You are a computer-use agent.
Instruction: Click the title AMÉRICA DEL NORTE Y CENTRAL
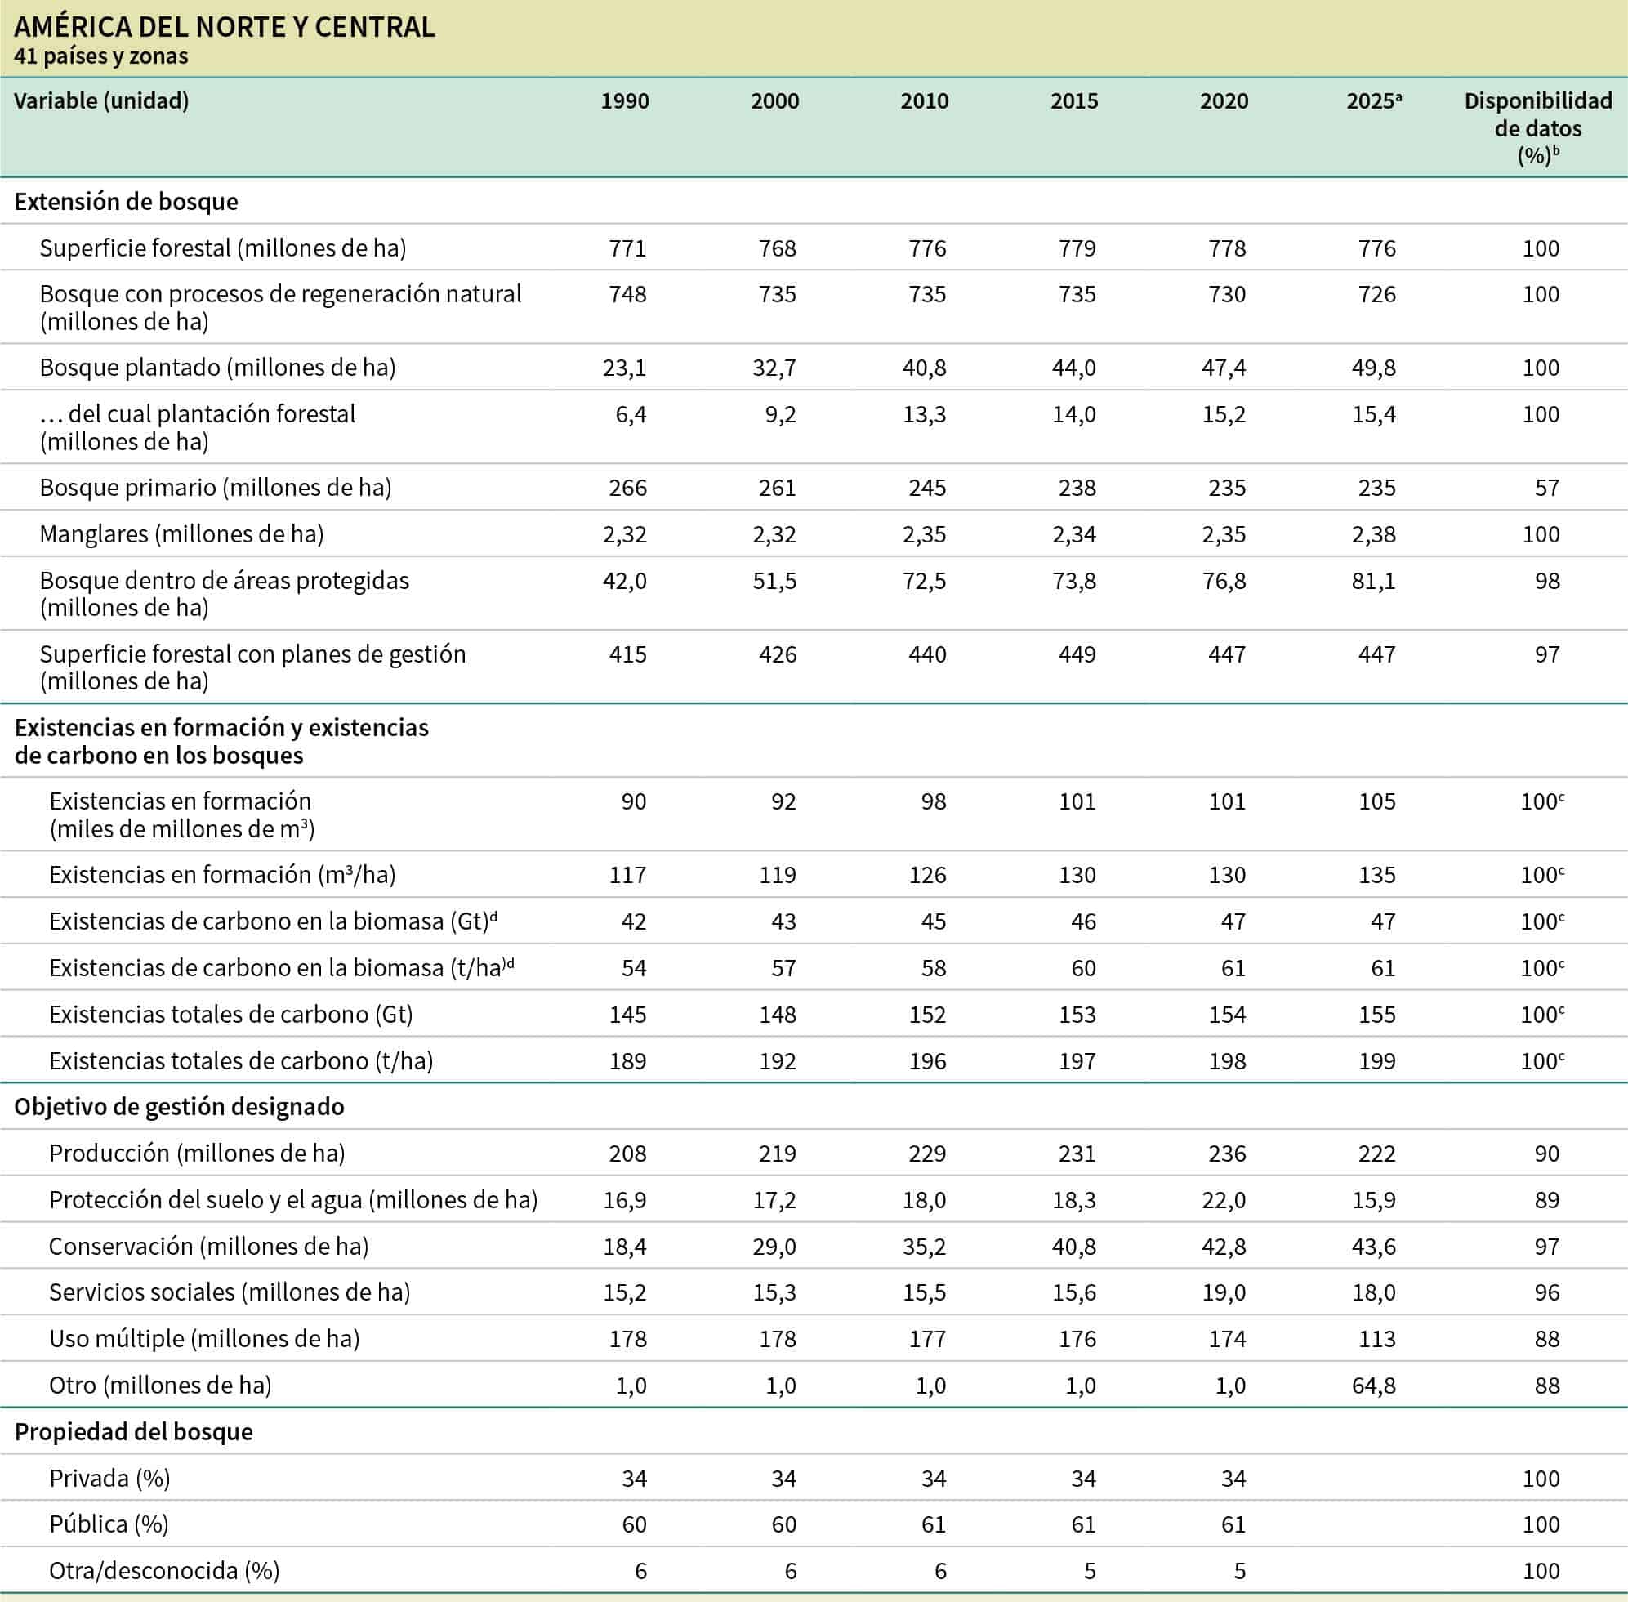(225, 27)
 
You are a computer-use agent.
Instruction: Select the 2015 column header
(1073, 101)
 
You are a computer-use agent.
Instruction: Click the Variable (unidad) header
(101, 101)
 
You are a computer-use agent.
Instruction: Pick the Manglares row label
(181, 534)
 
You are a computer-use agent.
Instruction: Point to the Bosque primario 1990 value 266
(627, 488)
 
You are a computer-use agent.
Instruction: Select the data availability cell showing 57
(1546, 488)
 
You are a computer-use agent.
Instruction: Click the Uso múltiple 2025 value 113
(1376, 1339)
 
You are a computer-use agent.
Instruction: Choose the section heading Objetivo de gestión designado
(179, 1106)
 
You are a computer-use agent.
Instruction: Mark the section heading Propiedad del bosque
(134, 1432)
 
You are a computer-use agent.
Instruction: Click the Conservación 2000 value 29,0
(774, 1246)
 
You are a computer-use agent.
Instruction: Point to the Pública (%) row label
(109, 1524)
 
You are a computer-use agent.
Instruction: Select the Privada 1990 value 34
(634, 1479)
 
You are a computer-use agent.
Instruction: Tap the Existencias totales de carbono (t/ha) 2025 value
(1376, 1061)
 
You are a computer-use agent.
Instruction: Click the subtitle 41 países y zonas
(101, 56)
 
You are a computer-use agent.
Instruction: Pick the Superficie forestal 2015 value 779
(1077, 248)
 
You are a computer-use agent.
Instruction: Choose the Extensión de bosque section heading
(126, 202)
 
